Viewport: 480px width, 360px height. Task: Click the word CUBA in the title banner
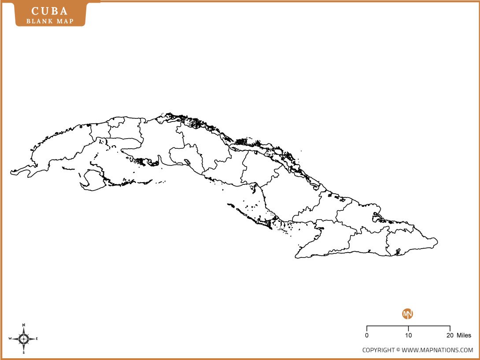coord(50,11)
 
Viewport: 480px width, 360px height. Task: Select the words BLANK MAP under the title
coord(50,21)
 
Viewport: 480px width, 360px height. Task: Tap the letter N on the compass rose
coord(24,325)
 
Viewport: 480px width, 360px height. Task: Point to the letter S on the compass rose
coord(24,353)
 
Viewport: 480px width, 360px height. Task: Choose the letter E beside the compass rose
coord(37,338)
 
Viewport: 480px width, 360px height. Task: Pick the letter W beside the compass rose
coord(10,338)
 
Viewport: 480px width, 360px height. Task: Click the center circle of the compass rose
coord(24,338)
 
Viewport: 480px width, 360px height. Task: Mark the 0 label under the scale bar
coord(367,335)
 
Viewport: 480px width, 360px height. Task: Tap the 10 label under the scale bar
coord(408,335)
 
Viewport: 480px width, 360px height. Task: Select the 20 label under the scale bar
coord(450,335)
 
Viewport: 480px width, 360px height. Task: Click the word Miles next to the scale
coord(464,335)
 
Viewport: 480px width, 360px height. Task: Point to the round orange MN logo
coord(408,314)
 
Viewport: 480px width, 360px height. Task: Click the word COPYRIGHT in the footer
coord(379,350)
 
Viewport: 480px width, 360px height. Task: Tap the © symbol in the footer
coord(398,350)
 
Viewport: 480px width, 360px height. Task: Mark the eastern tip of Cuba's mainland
coord(437,241)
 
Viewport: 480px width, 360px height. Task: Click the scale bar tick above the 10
coord(408,328)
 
